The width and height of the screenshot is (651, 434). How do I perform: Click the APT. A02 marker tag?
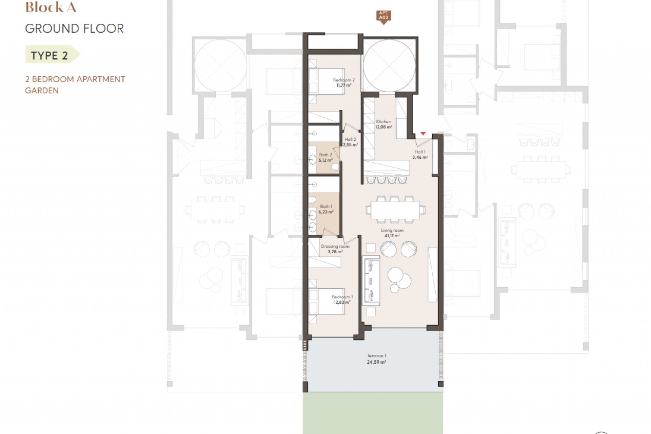click(x=383, y=16)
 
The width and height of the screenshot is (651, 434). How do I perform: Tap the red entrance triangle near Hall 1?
click(x=423, y=134)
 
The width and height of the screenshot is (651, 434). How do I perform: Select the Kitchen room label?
click(x=383, y=121)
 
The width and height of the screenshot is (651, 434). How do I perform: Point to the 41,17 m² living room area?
click(x=392, y=236)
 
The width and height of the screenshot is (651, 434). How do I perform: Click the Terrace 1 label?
click(x=376, y=356)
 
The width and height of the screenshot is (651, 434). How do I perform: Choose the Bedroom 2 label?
click(x=343, y=80)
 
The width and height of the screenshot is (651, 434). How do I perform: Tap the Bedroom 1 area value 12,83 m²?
click(x=342, y=302)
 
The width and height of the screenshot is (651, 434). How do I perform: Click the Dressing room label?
click(x=335, y=246)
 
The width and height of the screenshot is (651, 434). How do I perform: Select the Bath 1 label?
click(x=326, y=206)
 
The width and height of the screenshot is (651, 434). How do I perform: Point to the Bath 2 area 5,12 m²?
click(x=325, y=160)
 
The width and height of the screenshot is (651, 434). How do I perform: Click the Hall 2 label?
click(x=350, y=139)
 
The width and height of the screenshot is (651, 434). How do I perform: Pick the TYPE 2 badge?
click(x=50, y=56)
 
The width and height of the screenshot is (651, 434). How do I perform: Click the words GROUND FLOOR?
click(x=74, y=28)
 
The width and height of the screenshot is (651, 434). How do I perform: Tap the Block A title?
click(x=51, y=7)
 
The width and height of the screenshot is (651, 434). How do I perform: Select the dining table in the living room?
click(x=395, y=210)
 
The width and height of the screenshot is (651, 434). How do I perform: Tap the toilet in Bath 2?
click(x=335, y=167)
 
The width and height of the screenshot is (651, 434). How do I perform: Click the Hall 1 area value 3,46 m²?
click(x=420, y=157)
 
